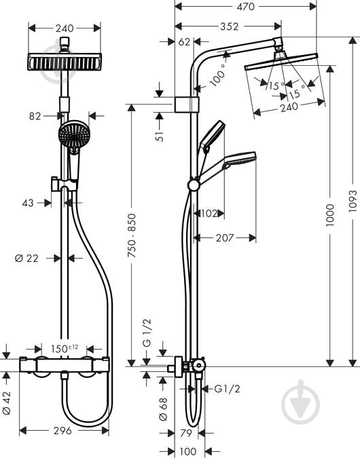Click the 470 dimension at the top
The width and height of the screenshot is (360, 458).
pos(246,7)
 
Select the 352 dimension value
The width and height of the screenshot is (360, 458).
pos(229,26)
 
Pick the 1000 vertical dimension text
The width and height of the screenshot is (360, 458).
pos(329,215)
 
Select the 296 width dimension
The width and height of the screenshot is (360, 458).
pos(63,430)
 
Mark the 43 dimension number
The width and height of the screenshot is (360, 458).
pos(29,202)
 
